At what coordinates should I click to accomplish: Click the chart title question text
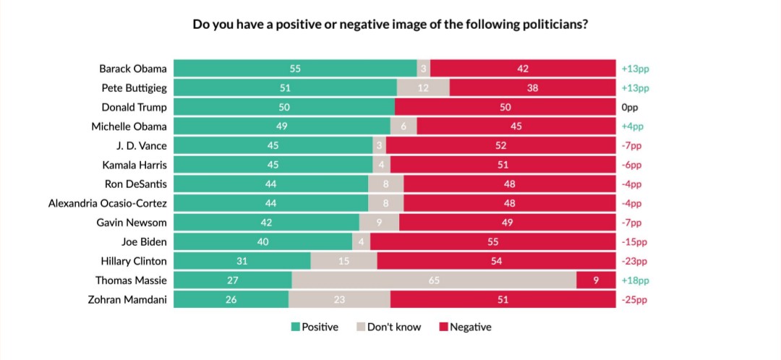(x=390, y=24)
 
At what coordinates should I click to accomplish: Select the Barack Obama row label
(x=133, y=69)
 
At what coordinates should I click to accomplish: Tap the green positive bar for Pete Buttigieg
(x=285, y=88)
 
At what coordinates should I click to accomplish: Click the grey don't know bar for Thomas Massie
(x=434, y=280)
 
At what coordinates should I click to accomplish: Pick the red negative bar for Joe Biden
(x=492, y=242)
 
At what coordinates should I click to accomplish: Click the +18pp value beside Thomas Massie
(x=635, y=280)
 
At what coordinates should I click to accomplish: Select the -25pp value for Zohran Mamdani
(x=634, y=299)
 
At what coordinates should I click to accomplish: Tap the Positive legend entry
(x=315, y=327)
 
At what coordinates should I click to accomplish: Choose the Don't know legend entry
(x=388, y=327)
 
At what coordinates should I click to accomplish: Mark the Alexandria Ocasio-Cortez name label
(x=108, y=203)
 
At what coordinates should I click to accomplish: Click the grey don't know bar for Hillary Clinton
(x=343, y=261)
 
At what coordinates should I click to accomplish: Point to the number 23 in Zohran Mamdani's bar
(x=339, y=299)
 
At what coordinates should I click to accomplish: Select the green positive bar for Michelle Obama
(x=282, y=127)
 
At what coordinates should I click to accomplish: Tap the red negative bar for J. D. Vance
(x=501, y=146)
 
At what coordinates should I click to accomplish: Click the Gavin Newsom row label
(x=132, y=223)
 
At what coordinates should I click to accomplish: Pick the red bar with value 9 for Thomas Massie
(x=596, y=280)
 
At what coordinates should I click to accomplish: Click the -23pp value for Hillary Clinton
(x=634, y=261)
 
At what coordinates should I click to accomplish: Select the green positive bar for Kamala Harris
(x=273, y=165)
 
